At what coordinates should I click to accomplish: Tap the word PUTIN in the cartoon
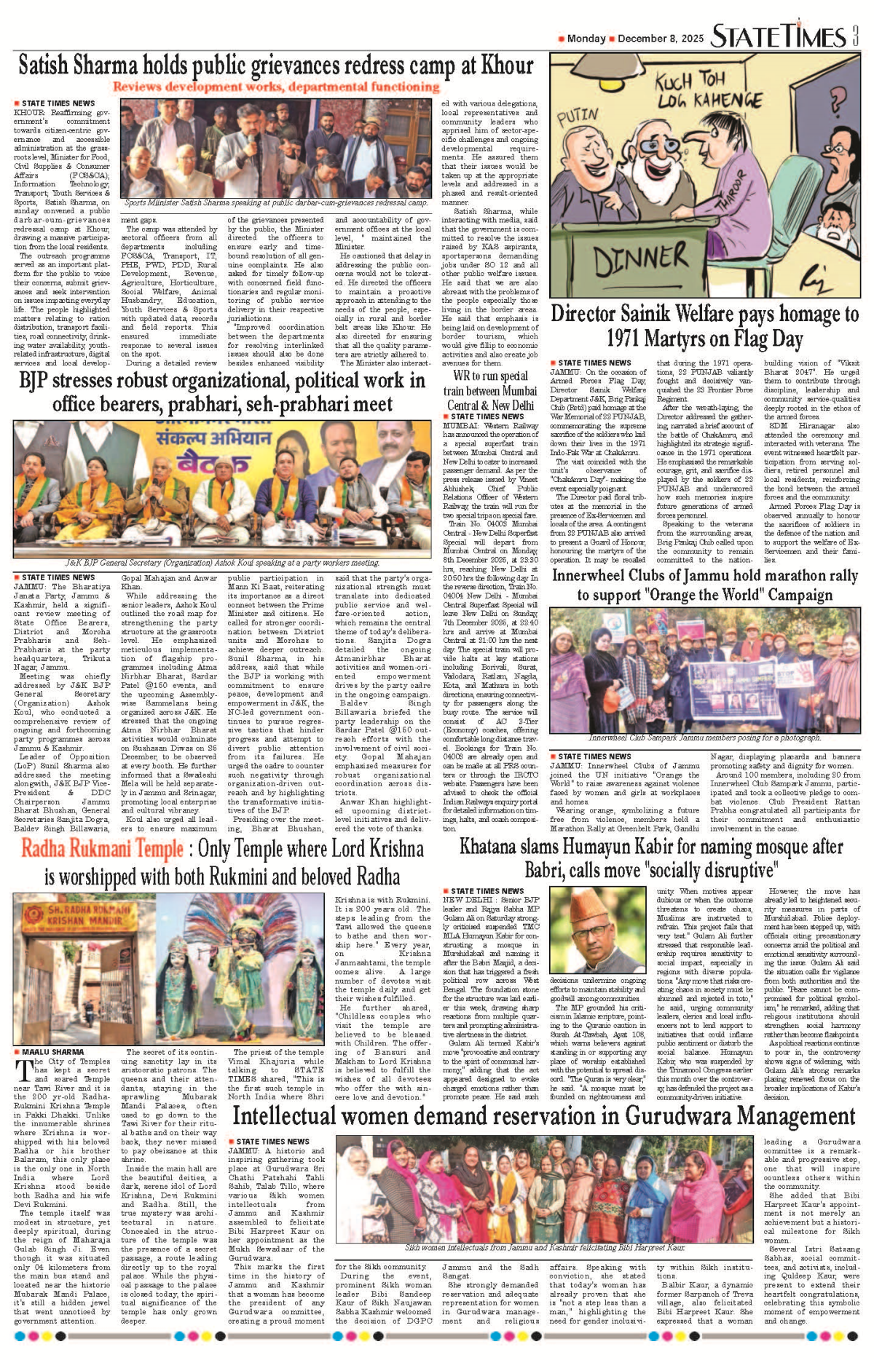577,117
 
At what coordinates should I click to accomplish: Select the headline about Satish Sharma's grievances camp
276,66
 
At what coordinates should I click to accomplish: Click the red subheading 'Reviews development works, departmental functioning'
276,87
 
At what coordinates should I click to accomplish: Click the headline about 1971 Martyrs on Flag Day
704,326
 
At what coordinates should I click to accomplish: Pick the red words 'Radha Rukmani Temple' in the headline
102,849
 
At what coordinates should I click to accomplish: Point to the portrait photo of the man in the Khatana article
597,930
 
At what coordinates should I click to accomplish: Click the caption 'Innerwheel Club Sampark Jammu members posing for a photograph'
704,738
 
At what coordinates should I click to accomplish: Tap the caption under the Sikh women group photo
545,1247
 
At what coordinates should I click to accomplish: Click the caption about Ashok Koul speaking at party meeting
222,562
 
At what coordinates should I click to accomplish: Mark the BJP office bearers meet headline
222,392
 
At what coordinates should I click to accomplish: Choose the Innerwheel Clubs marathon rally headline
704,585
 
